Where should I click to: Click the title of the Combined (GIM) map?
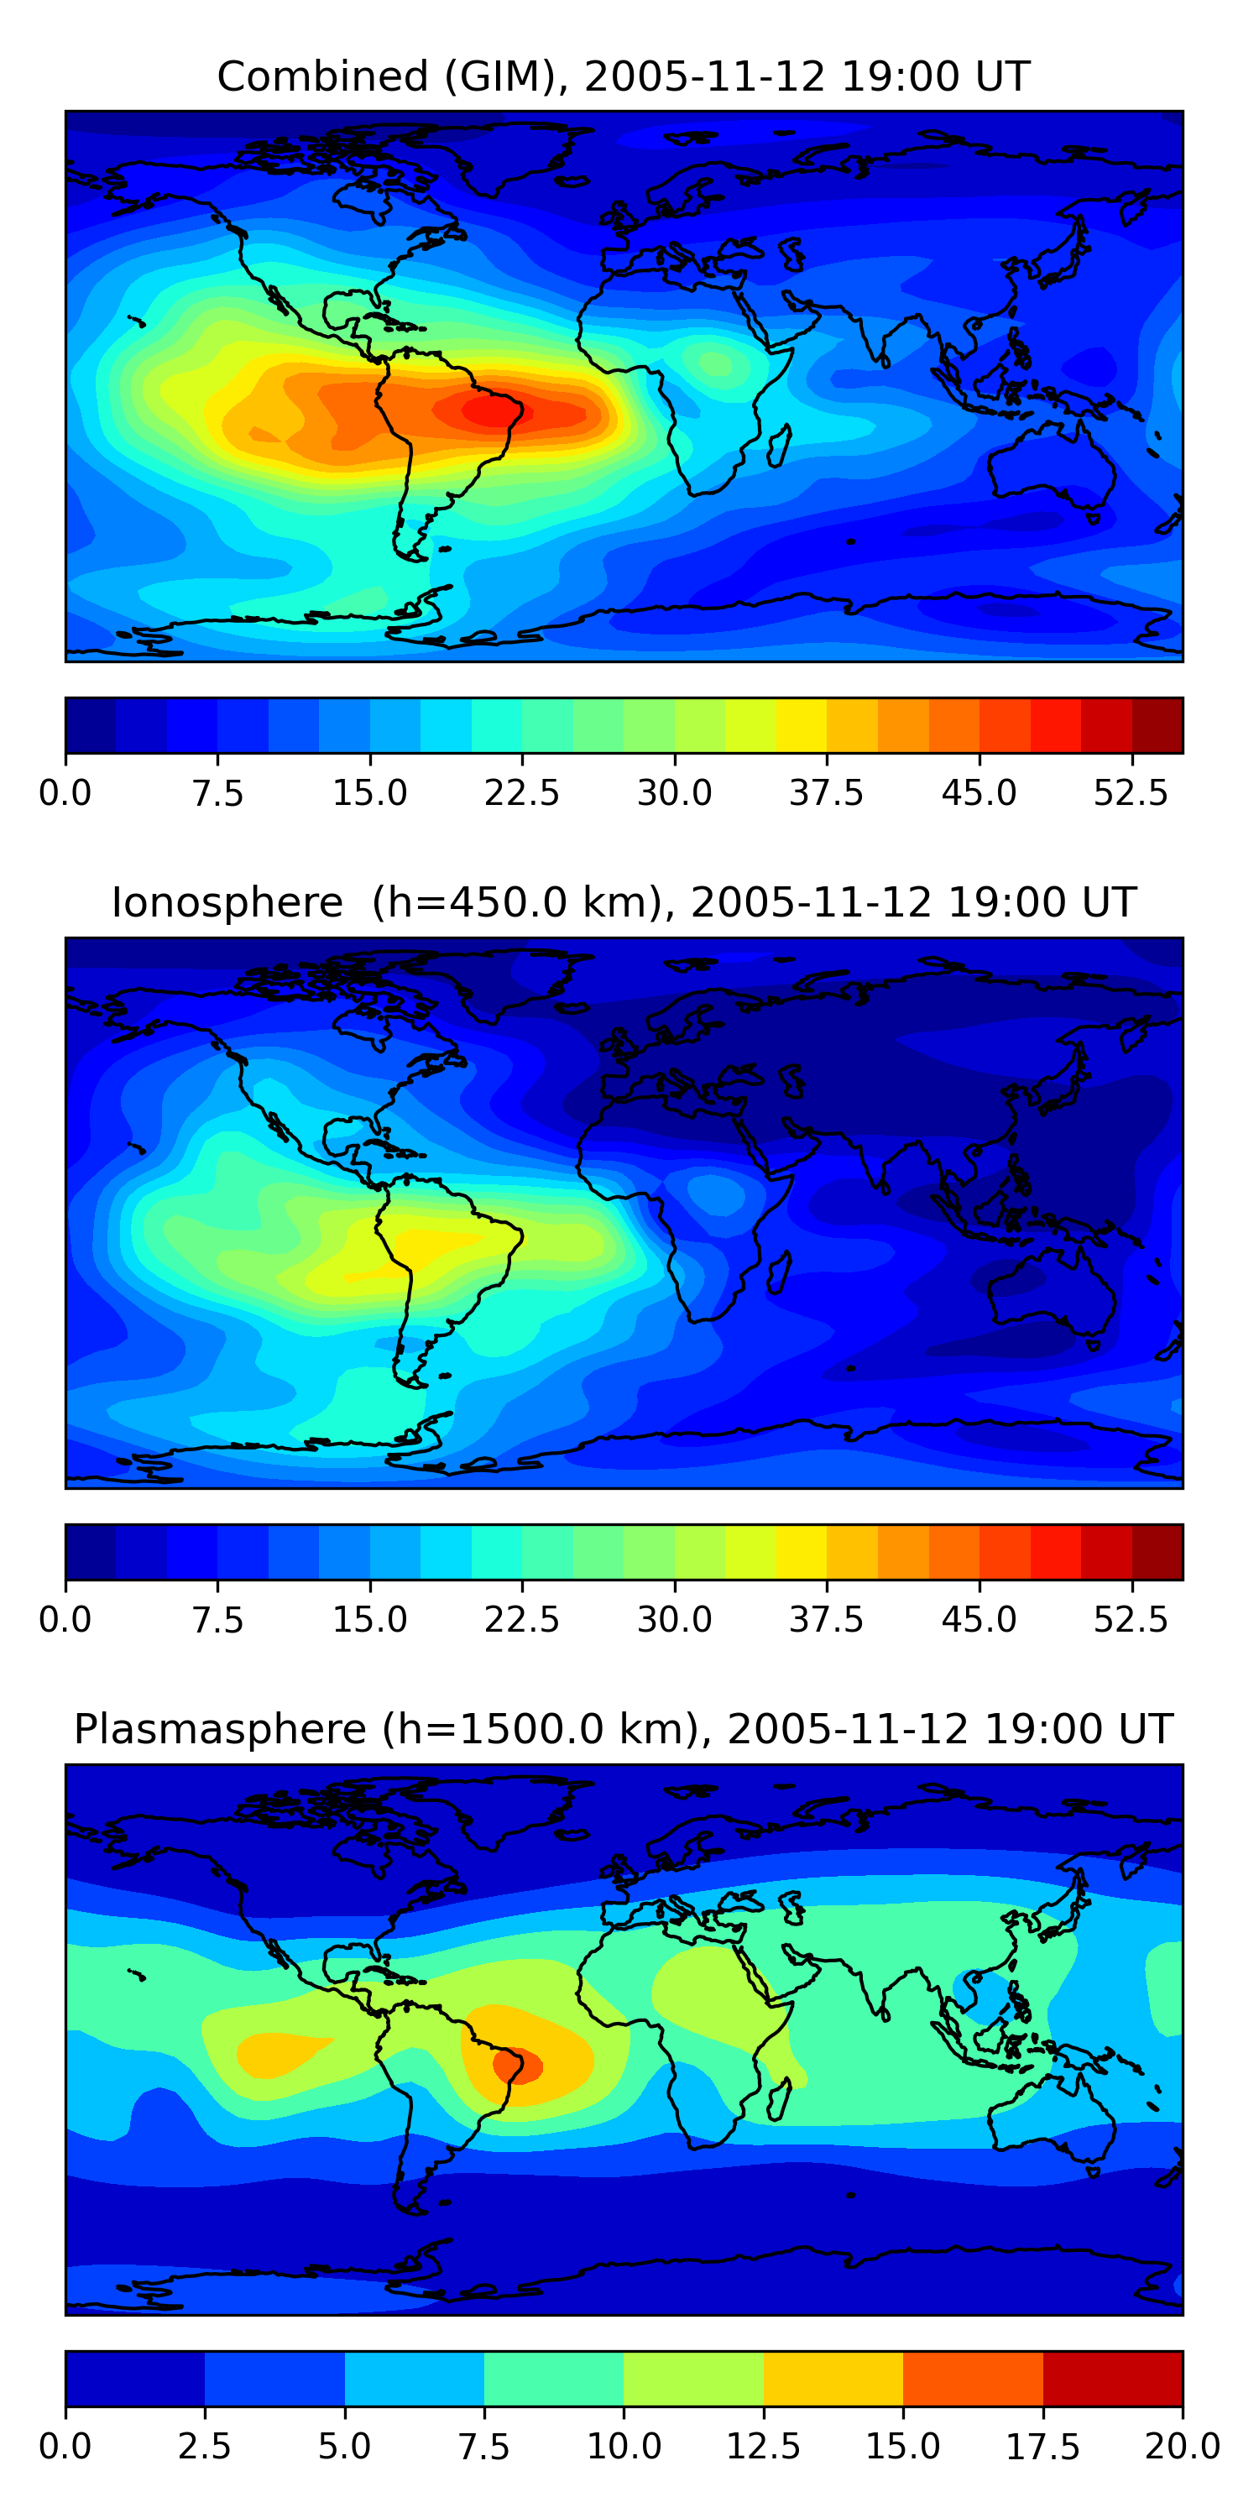coord(624,76)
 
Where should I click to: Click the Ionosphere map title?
coord(624,902)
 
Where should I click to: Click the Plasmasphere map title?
coord(624,1729)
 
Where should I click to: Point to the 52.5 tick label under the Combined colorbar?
coord(1131,792)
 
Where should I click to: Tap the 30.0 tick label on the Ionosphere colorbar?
coord(675,1620)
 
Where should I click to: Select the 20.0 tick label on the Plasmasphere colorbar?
coord(1183,2447)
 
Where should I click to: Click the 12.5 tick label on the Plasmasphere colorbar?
coord(764,2447)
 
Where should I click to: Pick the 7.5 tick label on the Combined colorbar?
coord(217,792)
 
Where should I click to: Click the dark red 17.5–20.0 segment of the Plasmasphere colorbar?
coord(1113,2378)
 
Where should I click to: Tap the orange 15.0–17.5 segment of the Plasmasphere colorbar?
coord(974,2378)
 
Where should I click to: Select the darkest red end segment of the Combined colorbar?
coord(1158,725)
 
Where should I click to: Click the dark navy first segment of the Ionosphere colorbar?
coord(91,1552)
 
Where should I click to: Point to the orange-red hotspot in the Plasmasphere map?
coord(517,2065)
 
